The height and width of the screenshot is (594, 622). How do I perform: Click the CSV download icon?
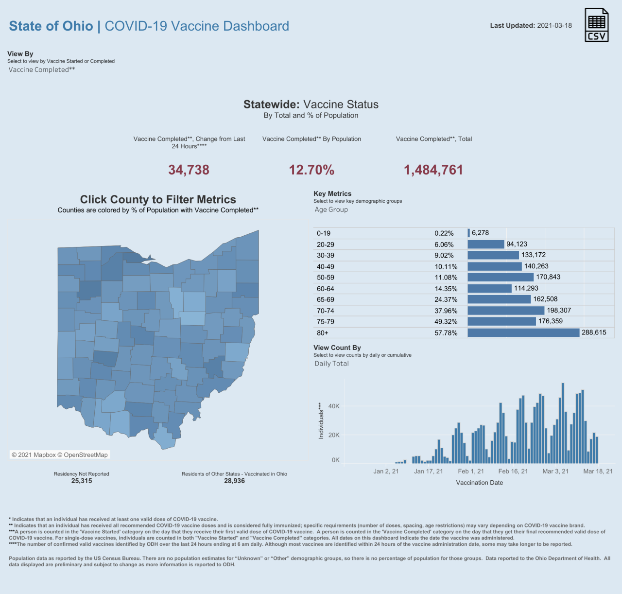(x=596, y=25)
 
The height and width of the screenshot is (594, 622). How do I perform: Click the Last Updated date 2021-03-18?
(x=554, y=25)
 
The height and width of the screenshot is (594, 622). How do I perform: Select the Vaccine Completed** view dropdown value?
(x=42, y=70)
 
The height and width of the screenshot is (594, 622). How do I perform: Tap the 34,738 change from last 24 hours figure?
(x=189, y=170)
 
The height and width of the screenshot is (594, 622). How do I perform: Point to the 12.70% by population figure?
(x=311, y=170)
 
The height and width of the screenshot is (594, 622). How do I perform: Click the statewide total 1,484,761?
(x=433, y=170)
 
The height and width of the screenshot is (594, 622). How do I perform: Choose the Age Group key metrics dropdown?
(x=331, y=210)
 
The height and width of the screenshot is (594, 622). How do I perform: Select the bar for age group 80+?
(x=523, y=332)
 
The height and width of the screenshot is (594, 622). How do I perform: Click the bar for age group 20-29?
(x=486, y=244)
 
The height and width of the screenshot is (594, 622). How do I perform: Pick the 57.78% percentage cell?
(x=446, y=333)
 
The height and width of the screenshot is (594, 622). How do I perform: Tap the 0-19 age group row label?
(x=324, y=233)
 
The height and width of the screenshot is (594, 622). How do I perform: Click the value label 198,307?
(x=559, y=310)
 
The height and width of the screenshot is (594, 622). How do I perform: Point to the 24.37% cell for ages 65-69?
(x=446, y=299)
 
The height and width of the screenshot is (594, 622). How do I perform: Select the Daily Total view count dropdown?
(x=331, y=364)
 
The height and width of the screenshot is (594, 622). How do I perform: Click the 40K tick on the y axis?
(x=334, y=406)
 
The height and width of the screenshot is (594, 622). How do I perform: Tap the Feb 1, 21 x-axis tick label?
(x=471, y=471)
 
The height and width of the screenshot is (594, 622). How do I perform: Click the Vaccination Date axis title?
(x=479, y=483)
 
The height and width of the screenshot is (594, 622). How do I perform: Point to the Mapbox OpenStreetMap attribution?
(x=60, y=455)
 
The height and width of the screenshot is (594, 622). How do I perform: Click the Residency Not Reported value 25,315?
(x=82, y=481)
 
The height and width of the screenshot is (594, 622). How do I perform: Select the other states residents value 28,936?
(x=234, y=481)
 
